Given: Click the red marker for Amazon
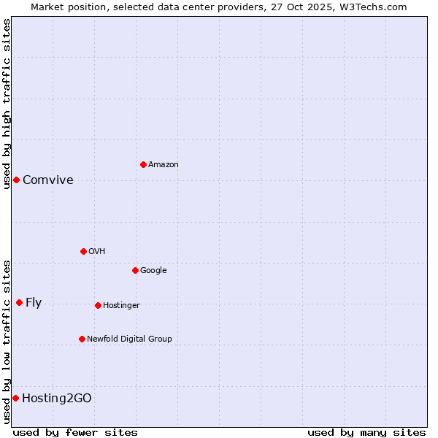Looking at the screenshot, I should [x=143, y=164].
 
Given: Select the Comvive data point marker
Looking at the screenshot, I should [x=16, y=180].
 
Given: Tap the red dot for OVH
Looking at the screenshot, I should [x=83, y=251].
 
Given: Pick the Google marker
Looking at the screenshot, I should [x=135, y=270].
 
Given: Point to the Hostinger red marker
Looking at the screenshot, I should [x=98, y=305].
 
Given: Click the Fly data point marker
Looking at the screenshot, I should [x=19, y=302].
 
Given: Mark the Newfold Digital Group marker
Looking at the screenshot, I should [x=82, y=339].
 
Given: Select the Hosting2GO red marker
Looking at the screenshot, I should [x=15, y=398].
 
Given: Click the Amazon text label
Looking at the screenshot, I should [x=163, y=165].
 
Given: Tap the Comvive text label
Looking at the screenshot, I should [x=48, y=180].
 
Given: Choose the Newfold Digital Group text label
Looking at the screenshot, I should [x=129, y=339].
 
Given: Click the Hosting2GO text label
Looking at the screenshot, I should [x=57, y=399].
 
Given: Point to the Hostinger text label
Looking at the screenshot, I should [x=121, y=305].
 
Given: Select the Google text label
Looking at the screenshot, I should [x=153, y=270].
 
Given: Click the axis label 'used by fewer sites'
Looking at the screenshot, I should [x=75, y=432].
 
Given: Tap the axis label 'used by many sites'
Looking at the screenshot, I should [x=366, y=432].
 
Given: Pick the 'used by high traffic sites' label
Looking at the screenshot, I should [x=7, y=104].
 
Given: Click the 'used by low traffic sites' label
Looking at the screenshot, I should [x=7, y=342].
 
